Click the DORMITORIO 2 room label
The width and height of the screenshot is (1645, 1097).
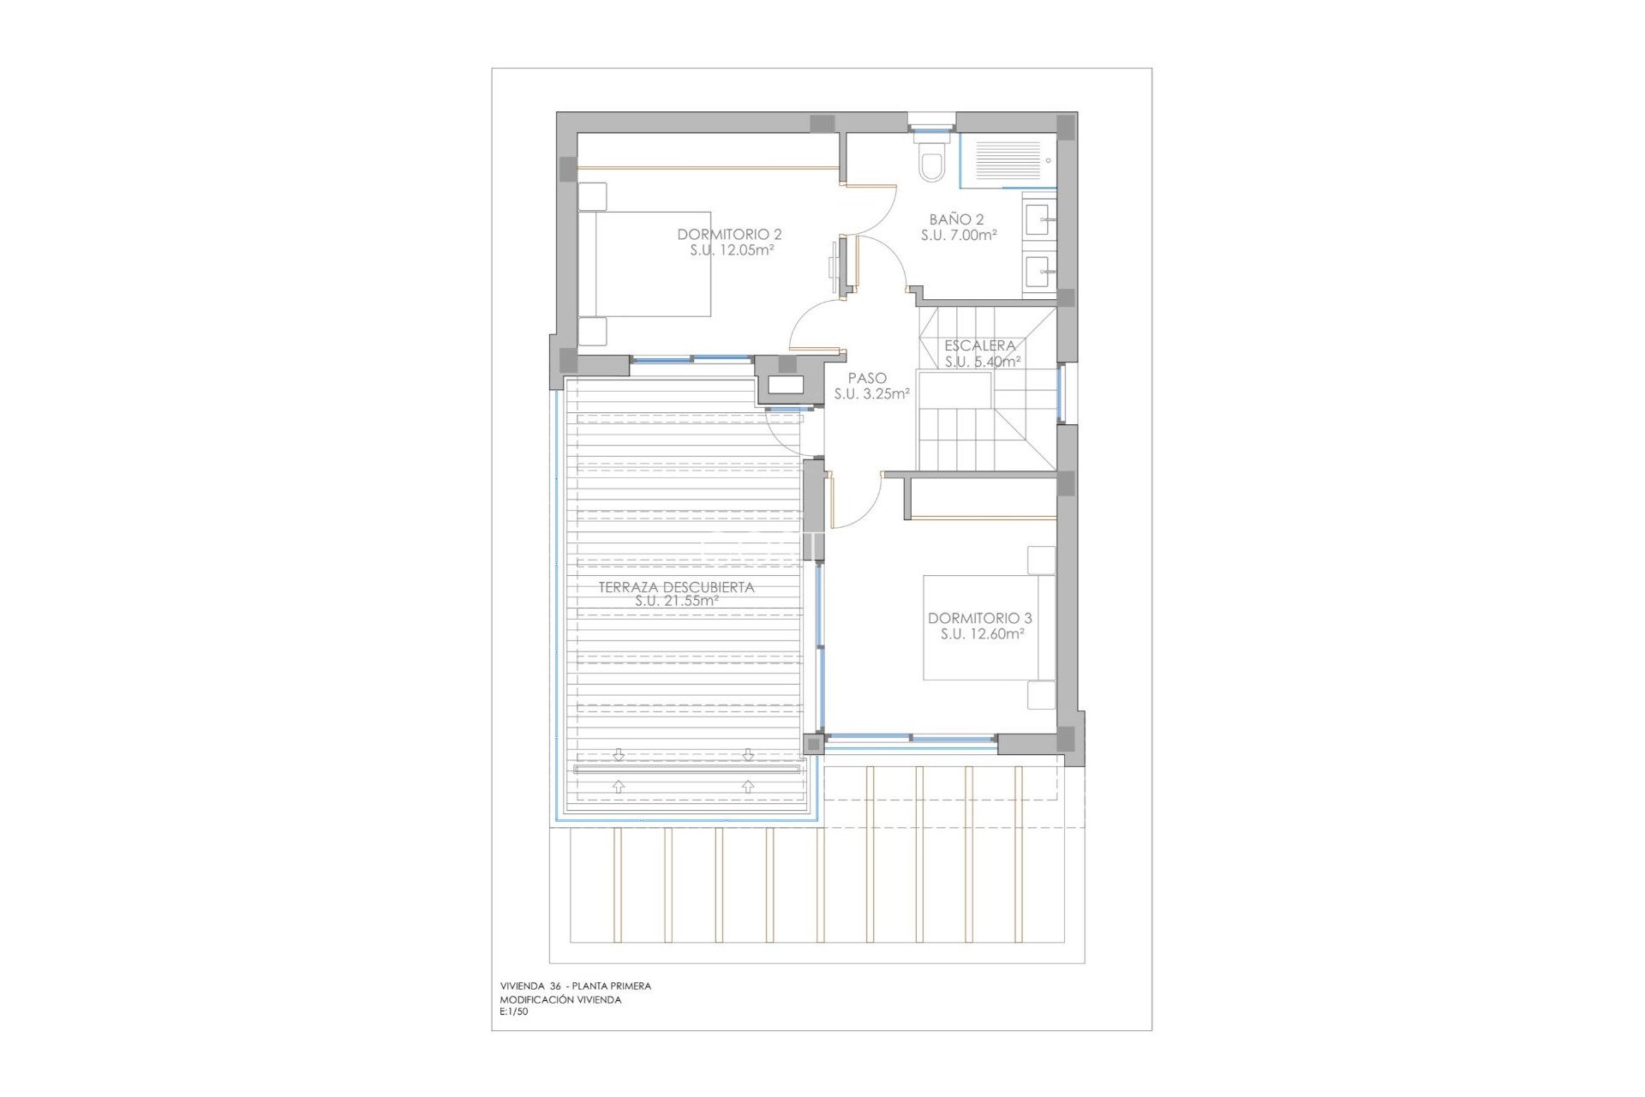[729, 234]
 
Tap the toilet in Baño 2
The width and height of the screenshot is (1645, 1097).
[931, 163]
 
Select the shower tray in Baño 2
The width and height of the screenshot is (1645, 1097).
[1008, 160]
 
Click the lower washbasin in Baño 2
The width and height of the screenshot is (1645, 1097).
[1039, 273]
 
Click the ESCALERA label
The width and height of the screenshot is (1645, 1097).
[980, 345]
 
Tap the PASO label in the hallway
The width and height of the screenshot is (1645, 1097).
[867, 378]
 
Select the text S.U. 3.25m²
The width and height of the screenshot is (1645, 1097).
[871, 394]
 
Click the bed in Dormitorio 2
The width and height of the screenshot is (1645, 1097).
[651, 264]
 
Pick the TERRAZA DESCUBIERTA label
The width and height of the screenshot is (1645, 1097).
[676, 587]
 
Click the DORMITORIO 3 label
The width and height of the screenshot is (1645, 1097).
[979, 618]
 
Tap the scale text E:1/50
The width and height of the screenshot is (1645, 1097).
[514, 1012]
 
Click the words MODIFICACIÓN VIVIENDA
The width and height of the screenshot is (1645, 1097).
[560, 999]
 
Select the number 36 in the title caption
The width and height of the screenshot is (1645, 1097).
[555, 986]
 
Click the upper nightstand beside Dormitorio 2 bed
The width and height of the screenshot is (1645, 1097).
[592, 196]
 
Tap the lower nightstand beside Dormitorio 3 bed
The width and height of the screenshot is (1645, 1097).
[1041, 695]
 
